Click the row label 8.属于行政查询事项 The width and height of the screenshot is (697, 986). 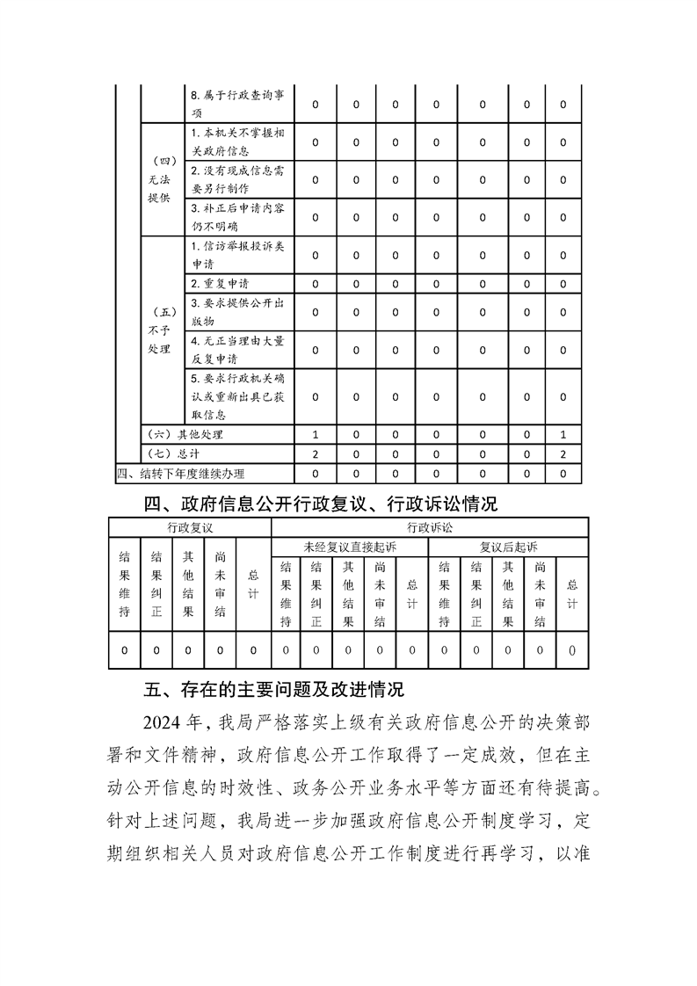[x=237, y=104]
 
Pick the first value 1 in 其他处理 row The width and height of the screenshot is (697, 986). [x=315, y=434]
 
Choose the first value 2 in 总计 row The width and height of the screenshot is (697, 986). [x=315, y=454]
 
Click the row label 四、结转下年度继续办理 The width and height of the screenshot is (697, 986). [x=181, y=475]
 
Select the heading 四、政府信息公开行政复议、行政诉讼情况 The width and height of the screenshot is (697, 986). [x=321, y=504]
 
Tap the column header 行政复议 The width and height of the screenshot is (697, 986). [x=190, y=527]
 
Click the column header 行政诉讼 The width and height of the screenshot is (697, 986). [x=430, y=527]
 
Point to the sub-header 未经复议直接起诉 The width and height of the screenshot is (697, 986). [x=350, y=547]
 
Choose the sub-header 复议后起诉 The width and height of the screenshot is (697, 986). [x=508, y=547]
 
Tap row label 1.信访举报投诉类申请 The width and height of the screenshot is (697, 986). [x=237, y=255]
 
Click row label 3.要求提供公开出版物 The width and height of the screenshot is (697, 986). [x=237, y=312]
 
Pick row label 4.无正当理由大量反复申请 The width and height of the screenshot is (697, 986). [x=237, y=350]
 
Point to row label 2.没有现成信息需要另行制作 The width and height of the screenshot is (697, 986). [x=237, y=179]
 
